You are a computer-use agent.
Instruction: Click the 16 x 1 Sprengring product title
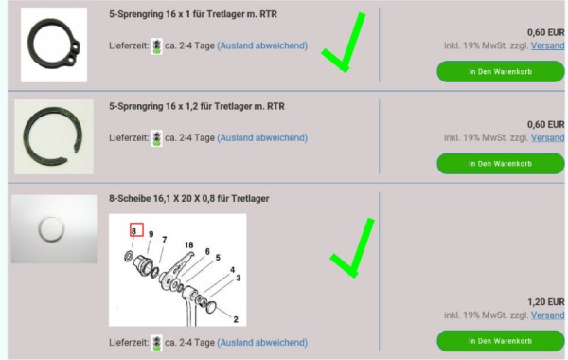(x=193, y=14)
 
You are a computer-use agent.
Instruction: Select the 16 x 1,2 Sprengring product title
(x=197, y=106)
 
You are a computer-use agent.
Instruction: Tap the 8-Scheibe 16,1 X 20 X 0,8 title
(x=188, y=198)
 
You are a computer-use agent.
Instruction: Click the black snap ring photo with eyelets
(x=54, y=45)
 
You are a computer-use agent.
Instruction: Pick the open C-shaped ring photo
(x=54, y=137)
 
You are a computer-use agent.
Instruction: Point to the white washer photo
(x=54, y=229)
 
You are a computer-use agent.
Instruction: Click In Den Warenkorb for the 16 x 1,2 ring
(x=500, y=164)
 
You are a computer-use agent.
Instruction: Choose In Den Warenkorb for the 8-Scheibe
(x=500, y=341)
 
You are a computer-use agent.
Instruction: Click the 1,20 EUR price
(x=546, y=302)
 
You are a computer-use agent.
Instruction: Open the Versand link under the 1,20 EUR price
(x=548, y=315)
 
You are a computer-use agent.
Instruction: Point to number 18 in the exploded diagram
(x=188, y=245)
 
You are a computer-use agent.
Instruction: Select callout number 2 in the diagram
(x=236, y=319)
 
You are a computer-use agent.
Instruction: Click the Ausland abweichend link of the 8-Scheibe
(x=262, y=342)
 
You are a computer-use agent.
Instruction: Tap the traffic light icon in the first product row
(x=157, y=46)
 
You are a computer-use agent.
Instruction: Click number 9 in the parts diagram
(x=151, y=234)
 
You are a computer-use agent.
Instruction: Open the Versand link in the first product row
(x=548, y=45)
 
